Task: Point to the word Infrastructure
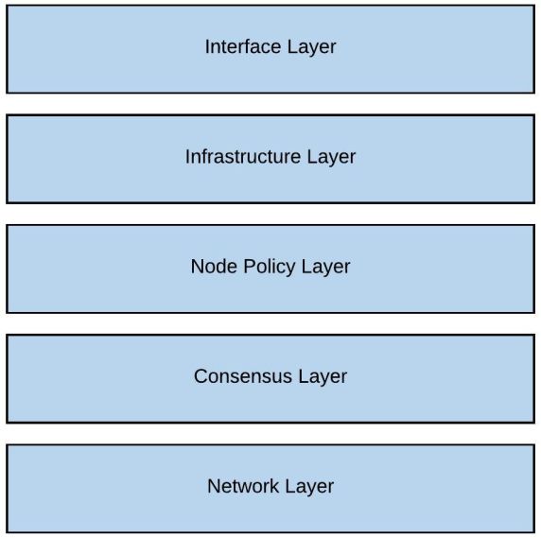tap(242, 157)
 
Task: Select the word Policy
tap(268, 267)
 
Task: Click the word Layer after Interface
tap(310, 46)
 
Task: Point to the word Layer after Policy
tap(325, 267)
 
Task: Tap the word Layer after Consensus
tap(322, 376)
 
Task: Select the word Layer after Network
tap(308, 487)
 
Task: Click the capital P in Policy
tap(249, 267)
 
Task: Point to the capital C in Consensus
tap(201, 376)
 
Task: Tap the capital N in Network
tap(213, 487)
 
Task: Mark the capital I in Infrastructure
tap(187, 157)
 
